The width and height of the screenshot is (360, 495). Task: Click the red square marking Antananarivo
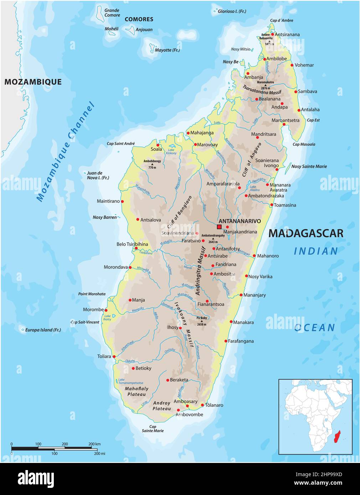[219, 226]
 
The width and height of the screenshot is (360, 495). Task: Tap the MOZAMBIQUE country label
[33, 82]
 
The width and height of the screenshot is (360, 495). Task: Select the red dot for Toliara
[114, 356]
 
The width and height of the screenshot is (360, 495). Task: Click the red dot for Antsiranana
[273, 35]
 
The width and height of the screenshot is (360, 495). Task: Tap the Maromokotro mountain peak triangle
[265, 85]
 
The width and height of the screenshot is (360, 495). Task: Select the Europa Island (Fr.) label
[43, 330]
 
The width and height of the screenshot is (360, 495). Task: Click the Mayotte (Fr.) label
[167, 50]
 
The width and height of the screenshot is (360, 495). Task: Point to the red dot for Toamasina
[272, 205]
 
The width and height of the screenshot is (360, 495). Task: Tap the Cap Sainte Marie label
[153, 429]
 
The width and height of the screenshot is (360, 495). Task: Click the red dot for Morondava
[130, 267]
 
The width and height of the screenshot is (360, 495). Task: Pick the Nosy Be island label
[230, 62]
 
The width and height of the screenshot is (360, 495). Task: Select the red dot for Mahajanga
[188, 133]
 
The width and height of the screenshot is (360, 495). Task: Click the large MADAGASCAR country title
[305, 233]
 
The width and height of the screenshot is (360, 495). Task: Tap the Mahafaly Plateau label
[137, 391]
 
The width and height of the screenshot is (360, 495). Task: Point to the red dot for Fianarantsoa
[207, 301]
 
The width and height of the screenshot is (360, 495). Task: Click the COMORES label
[139, 19]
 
